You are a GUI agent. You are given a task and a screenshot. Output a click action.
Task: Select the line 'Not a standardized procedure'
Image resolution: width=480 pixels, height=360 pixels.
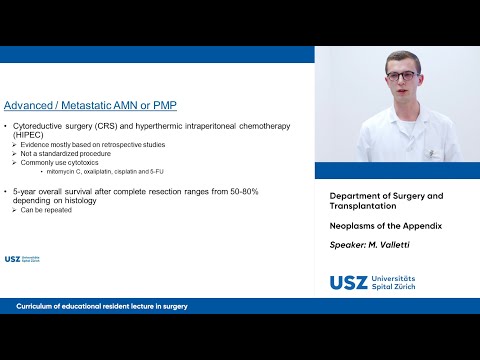(x=68, y=153)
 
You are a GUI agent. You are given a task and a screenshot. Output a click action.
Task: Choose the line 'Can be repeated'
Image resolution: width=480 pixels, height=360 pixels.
(x=46, y=209)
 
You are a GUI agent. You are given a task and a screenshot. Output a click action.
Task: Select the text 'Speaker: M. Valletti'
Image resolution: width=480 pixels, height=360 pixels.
(x=369, y=244)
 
